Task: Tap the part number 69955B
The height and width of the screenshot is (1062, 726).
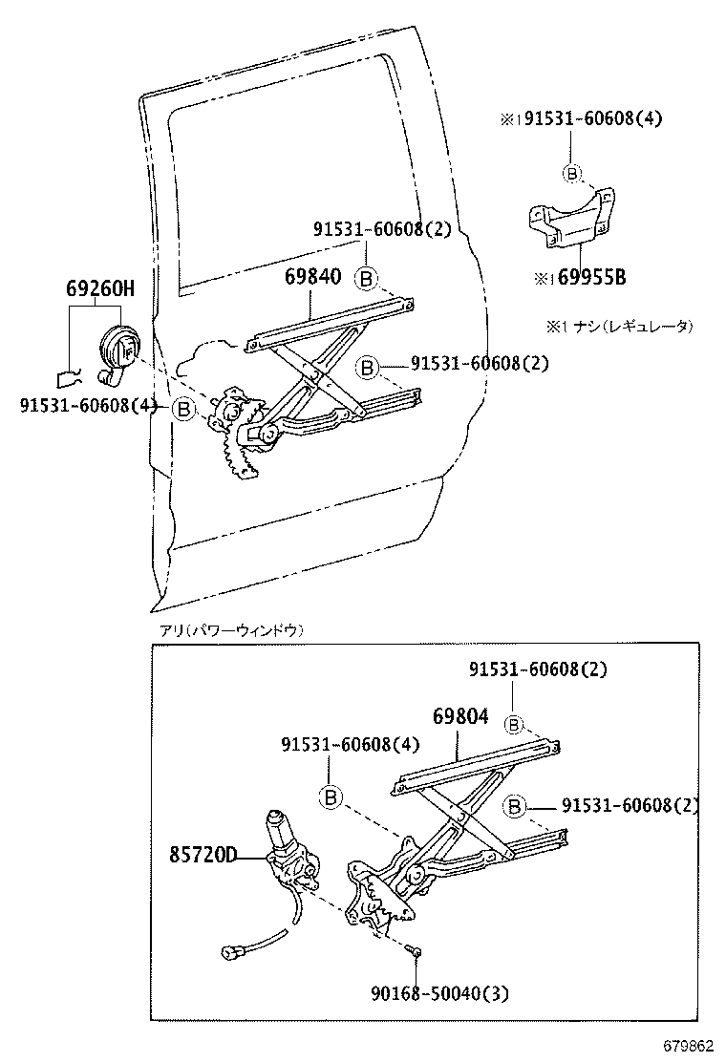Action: pyautogui.click(x=587, y=278)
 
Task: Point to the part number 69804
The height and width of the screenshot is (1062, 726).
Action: pyautogui.click(x=459, y=716)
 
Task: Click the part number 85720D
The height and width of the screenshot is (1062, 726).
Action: pyautogui.click(x=203, y=854)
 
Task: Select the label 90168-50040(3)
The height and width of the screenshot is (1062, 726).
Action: pyautogui.click(x=440, y=994)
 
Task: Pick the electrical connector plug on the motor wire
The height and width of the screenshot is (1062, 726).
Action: pyautogui.click(x=232, y=951)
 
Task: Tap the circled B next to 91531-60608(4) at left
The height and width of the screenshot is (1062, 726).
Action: pyautogui.click(x=183, y=409)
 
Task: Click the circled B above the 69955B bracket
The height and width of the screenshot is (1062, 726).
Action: pyautogui.click(x=570, y=173)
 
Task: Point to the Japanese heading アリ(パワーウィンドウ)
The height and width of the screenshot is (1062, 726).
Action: pyautogui.click(x=230, y=630)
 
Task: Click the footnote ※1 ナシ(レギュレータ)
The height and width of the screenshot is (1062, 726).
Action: pyautogui.click(x=619, y=326)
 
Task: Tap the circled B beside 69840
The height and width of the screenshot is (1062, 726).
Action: pyautogui.click(x=366, y=278)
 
